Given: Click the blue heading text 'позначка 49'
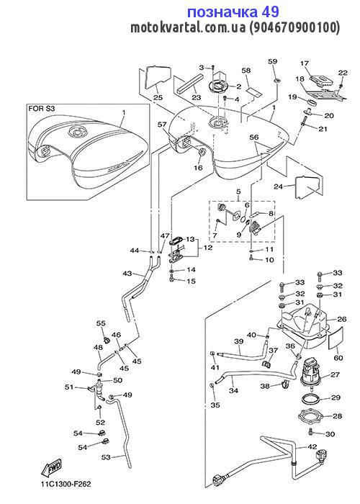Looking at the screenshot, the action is pyautogui.click(x=233, y=12).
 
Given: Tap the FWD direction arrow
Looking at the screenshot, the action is pyautogui.click(x=51, y=469).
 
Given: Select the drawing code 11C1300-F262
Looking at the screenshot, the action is pyautogui.click(x=66, y=484).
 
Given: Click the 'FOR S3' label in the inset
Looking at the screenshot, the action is pyautogui.click(x=42, y=108).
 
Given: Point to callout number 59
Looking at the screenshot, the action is pyautogui.click(x=272, y=61).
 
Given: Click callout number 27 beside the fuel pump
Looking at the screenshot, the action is pyautogui.click(x=335, y=375).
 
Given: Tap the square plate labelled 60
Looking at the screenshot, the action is pyautogui.click(x=336, y=338).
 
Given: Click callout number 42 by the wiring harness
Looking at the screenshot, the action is pyautogui.click(x=312, y=447).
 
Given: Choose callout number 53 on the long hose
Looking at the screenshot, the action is pyautogui.click(x=106, y=456).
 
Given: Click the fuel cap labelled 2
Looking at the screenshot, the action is pyautogui.click(x=218, y=86).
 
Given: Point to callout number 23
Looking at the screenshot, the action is pyautogui.click(x=197, y=97).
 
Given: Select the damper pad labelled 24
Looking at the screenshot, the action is pyautogui.click(x=307, y=186).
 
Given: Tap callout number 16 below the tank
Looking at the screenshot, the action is pyautogui.click(x=198, y=168).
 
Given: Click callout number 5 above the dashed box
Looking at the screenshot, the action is pyautogui.click(x=238, y=192).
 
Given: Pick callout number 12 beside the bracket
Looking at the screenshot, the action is pyautogui.click(x=208, y=248).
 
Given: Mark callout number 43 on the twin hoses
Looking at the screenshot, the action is pyautogui.click(x=127, y=273).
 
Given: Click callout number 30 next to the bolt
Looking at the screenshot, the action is pyautogui.click(x=330, y=434).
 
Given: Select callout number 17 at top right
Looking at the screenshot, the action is pyautogui.click(x=305, y=63).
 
